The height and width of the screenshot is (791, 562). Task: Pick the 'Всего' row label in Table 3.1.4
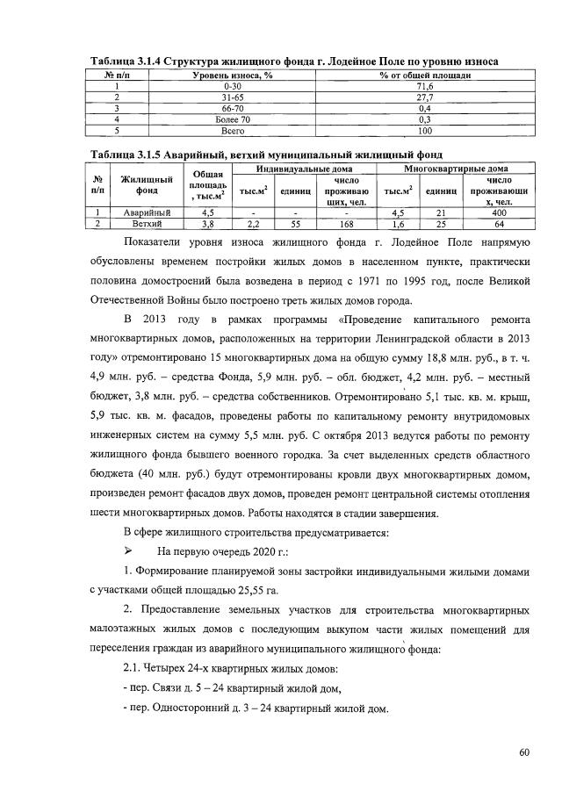pos(233,130)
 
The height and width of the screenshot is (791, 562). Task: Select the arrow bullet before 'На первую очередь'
pos(129,551)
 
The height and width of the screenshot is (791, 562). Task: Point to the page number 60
pos(525,752)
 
